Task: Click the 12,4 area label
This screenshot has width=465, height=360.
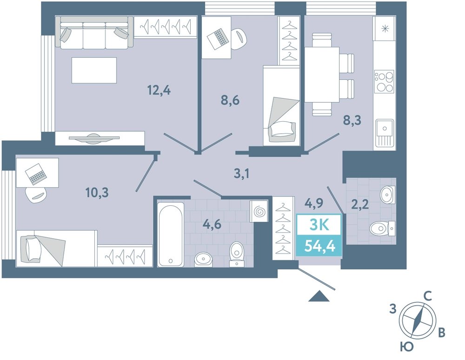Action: click(x=159, y=90)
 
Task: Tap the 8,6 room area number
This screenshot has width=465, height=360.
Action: click(x=230, y=101)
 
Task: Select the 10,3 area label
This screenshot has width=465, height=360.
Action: click(x=97, y=193)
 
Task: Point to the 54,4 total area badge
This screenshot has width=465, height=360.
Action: click(x=320, y=246)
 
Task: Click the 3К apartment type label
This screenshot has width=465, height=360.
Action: click(x=319, y=225)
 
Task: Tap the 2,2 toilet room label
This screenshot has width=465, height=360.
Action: click(x=360, y=204)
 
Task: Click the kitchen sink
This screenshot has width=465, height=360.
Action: click(x=385, y=133)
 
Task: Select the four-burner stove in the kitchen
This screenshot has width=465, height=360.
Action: click(x=384, y=81)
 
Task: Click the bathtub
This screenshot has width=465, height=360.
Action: click(x=170, y=234)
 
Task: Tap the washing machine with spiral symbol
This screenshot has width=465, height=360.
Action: click(x=259, y=211)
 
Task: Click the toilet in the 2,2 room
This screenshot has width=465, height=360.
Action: click(x=383, y=228)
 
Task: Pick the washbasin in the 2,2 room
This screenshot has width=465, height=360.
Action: click(x=388, y=195)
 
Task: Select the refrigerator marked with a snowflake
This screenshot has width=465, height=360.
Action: click(x=385, y=29)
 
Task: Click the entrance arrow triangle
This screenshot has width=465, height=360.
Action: click(x=319, y=296)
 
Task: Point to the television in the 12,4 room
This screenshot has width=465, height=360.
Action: click(x=94, y=138)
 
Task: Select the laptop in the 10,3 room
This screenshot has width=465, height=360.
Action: click(x=36, y=174)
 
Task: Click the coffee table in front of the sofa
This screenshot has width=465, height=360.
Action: click(x=94, y=70)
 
